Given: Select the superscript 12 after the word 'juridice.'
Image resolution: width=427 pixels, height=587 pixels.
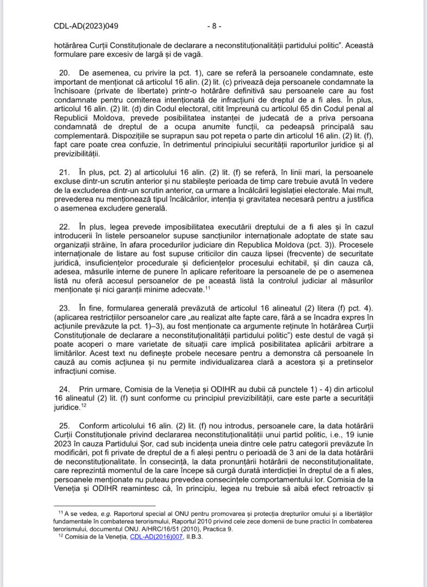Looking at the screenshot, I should tap(84, 405).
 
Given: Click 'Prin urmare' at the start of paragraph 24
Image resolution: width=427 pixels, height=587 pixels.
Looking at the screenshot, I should tap(98, 389).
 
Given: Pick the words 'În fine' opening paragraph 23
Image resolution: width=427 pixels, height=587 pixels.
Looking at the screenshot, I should tap(90, 308).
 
